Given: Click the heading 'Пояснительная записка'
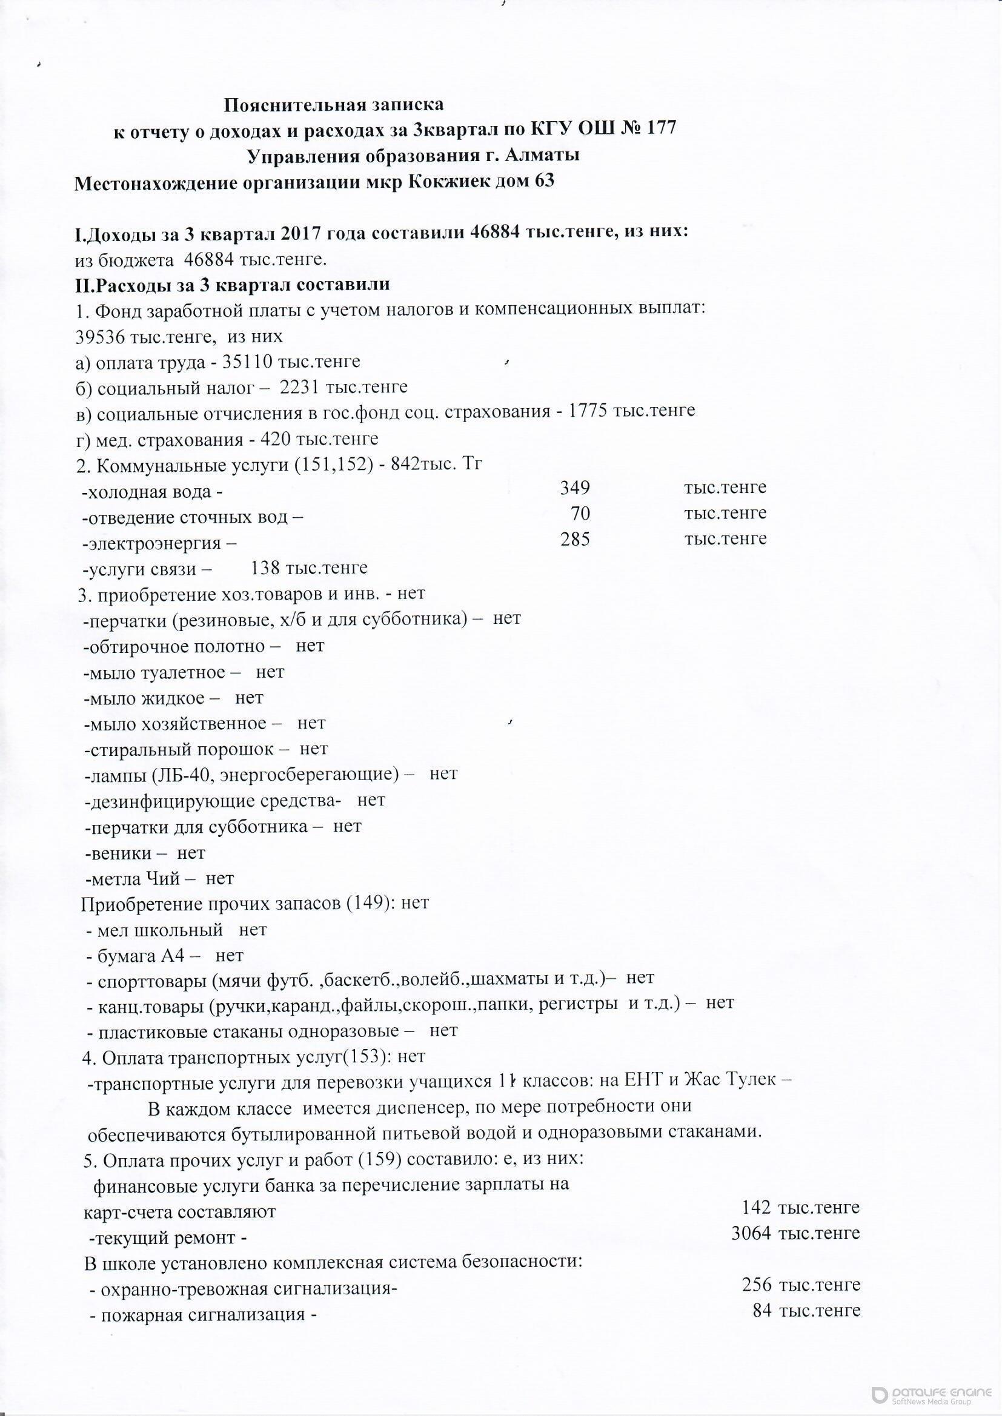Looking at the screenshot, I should coord(333,104).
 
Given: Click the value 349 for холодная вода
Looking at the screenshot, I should coord(575,488).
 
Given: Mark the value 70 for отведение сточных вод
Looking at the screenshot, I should coord(580,514).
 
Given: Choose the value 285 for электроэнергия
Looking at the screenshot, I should coord(575,540).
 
